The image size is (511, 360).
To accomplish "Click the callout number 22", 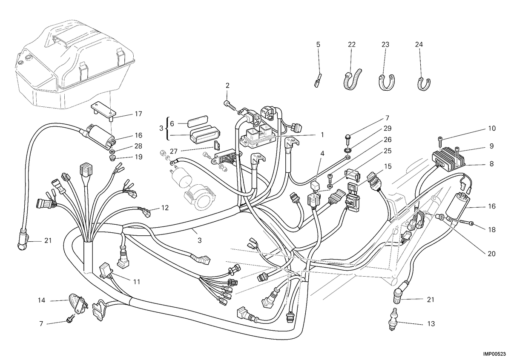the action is coord(352,44).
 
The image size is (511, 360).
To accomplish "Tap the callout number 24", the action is coord(419,44).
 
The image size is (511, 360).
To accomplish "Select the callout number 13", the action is coord(431,324).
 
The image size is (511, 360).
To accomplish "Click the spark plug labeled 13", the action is coord(394,319).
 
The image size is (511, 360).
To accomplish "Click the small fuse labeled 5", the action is coord(318,80).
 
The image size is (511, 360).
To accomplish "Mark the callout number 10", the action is coord(492,129).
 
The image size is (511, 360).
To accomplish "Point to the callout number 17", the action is coord(138,114).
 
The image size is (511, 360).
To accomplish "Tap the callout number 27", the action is coord(174,151).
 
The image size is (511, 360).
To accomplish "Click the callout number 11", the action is coord(136,282).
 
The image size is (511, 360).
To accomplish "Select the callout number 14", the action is coord(41,300).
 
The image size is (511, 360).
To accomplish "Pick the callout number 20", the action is coord(491,254).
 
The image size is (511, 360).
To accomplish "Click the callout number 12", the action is coord(165,208).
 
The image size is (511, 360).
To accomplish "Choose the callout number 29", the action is coord(388,129).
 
